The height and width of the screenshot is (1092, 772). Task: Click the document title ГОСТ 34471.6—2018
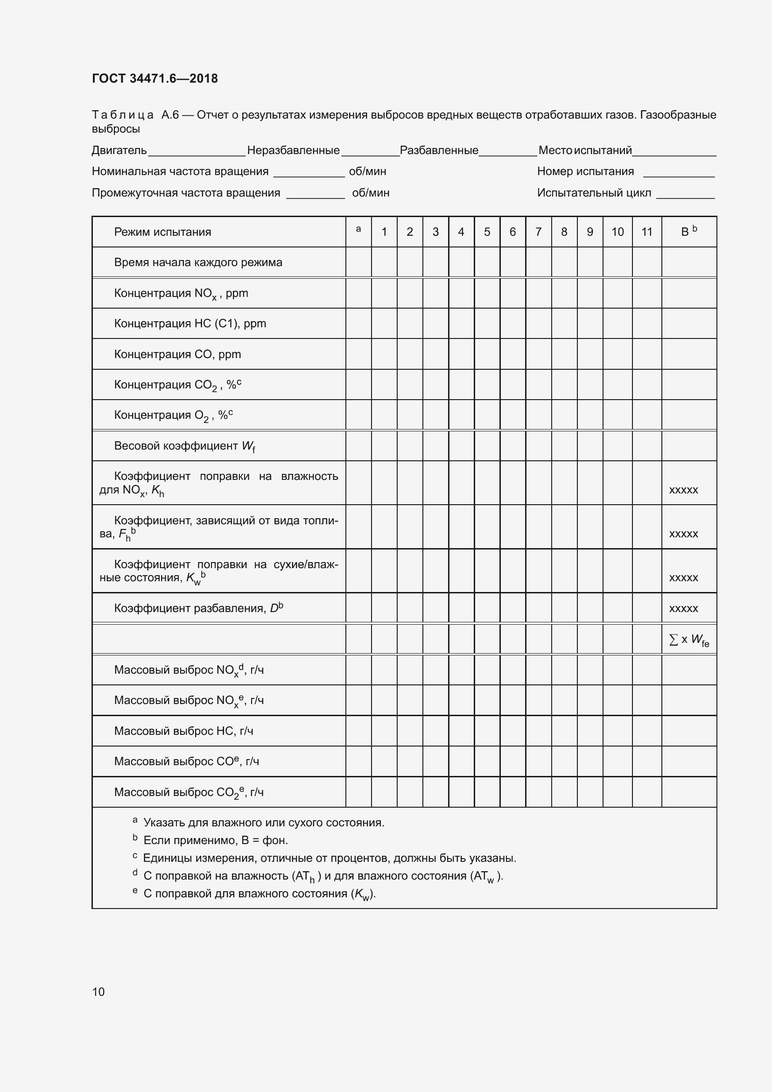coord(154,78)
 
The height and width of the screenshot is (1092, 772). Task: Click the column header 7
coord(538,232)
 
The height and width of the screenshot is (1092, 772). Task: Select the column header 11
coord(646,232)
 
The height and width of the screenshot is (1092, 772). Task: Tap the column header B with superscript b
coord(688,232)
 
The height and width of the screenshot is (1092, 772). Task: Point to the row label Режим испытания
coord(162,232)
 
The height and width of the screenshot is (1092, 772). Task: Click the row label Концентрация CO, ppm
coord(177,354)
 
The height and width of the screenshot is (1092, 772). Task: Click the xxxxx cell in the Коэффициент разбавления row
coord(684,609)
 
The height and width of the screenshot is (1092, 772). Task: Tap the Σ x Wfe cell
coord(689,640)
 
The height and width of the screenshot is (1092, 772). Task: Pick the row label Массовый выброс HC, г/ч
coord(183,731)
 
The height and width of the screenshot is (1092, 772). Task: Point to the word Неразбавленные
coord(293,151)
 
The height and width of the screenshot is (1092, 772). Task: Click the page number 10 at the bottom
coord(98,992)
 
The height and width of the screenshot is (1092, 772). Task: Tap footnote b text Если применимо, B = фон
coord(215,840)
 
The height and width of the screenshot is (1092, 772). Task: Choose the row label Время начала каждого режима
coord(198,262)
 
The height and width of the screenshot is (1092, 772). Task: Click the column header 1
coord(384,232)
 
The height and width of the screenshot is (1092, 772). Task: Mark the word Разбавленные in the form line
coord(439,151)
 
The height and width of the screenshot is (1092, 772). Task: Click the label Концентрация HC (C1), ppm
coord(189,324)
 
